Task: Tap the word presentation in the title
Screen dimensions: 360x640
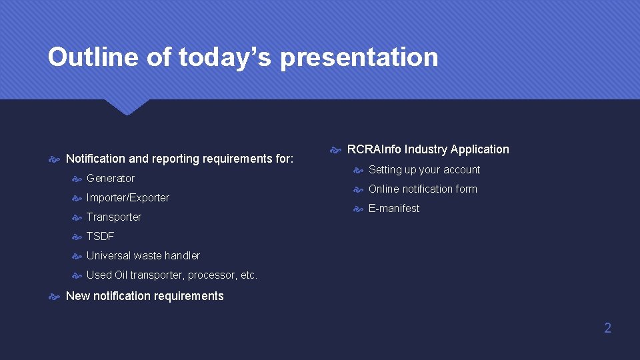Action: click(x=359, y=58)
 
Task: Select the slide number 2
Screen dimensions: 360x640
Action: click(x=607, y=328)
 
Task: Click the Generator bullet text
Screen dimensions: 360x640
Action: click(x=111, y=178)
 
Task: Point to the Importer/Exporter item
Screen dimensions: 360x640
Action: click(x=128, y=197)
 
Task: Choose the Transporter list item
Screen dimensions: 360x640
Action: click(x=114, y=217)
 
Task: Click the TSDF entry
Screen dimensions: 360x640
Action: click(x=101, y=236)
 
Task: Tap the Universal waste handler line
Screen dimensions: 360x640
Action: click(x=143, y=255)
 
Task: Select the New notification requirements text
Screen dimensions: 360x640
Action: click(x=145, y=296)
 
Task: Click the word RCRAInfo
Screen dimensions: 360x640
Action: click(x=374, y=149)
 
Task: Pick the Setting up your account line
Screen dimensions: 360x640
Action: click(x=424, y=169)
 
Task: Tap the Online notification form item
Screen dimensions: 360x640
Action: click(x=423, y=189)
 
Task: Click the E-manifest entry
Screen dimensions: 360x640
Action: click(x=394, y=208)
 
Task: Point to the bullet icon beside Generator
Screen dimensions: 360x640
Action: click(x=77, y=179)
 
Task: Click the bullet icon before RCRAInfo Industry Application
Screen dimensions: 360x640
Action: click(x=336, y=150)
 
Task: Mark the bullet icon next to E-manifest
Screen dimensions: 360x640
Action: click(x=359, y=209)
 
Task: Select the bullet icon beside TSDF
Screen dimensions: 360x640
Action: click(x=77, y=237)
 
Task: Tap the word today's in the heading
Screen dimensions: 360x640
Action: click(x=225, y=58)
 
